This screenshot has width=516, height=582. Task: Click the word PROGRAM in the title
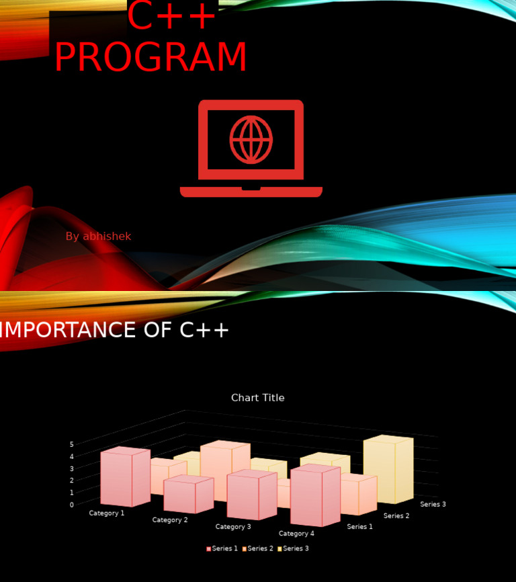click(x=150, y=58)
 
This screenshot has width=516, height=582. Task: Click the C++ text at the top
click(x=172, y=17)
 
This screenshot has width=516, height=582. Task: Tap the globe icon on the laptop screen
click(x=251, y=140)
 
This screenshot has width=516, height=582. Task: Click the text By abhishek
click(x=98, y=237)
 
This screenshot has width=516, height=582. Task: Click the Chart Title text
click(x=257, y=398)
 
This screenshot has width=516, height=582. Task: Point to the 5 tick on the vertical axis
click(x=71, y=444)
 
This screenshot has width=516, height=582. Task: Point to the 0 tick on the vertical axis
click(x=71, y=505)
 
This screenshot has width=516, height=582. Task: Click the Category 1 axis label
click(x=107, y=513)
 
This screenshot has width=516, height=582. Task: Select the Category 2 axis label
click(x=170, y=520)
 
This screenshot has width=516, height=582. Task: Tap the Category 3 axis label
click(x=233, y=527)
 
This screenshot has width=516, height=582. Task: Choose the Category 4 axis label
click(x=296, y=534)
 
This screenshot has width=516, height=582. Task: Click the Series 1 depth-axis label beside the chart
click(x=359, y=527)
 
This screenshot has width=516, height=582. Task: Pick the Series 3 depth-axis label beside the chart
click(x=433, y=504)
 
